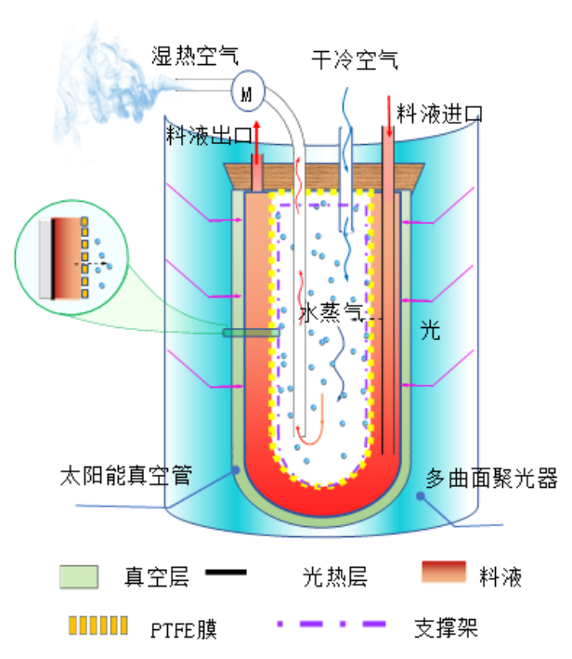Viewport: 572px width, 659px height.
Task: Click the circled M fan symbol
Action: point(248,91)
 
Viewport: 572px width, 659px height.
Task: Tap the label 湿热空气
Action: point(195,56)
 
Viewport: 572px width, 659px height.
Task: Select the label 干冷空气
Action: point(355,59)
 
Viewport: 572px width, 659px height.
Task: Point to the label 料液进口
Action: point(439,113)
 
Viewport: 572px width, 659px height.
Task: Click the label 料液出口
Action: point(209,135)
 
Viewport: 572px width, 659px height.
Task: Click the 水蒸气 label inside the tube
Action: point(331,312)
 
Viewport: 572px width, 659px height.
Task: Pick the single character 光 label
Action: point(430,329)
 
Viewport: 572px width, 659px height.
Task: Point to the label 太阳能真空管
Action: point(126,475)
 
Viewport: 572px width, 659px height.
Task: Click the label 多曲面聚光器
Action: point(491,479)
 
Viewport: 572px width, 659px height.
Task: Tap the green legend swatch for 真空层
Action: point(79,576)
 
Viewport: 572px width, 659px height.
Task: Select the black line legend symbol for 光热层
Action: point(226,572)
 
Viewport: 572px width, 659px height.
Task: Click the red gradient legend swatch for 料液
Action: point(444,572)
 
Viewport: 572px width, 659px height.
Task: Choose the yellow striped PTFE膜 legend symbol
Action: point(98,626)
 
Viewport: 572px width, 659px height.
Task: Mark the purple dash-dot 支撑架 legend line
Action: point(331,624)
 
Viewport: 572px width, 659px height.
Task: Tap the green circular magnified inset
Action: point(71,257)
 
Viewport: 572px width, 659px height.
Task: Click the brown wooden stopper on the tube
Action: point(324,177)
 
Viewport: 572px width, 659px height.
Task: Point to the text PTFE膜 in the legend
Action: point(184,629)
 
